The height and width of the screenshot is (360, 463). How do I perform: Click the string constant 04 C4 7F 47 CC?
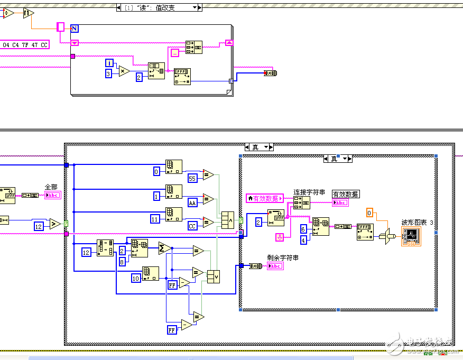tap(25, 45)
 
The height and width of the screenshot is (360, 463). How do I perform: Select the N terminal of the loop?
tap(75, 29)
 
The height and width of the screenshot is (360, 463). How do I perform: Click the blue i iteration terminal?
tap(109, 63)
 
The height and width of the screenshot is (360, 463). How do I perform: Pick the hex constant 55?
tap(192, 179)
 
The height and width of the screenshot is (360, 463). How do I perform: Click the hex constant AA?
tap(193, 202)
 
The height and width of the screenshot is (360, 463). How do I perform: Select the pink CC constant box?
tap(192, 226)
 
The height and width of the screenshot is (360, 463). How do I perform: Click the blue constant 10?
tap(136, 278)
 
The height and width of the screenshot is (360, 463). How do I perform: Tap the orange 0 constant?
tap(371, 213)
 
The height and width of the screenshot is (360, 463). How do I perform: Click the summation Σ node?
tap(164, 248)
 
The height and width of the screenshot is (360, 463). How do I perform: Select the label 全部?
tap(51, 187)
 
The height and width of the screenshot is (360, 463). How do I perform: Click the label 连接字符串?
tap(309, 192)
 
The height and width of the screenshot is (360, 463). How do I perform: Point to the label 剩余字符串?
tap(283, 257)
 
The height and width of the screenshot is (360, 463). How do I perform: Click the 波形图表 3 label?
tap(417, 223)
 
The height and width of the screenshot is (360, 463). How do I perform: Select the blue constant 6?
tap(303, 229)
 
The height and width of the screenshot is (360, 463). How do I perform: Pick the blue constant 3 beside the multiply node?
tap(109, 74)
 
